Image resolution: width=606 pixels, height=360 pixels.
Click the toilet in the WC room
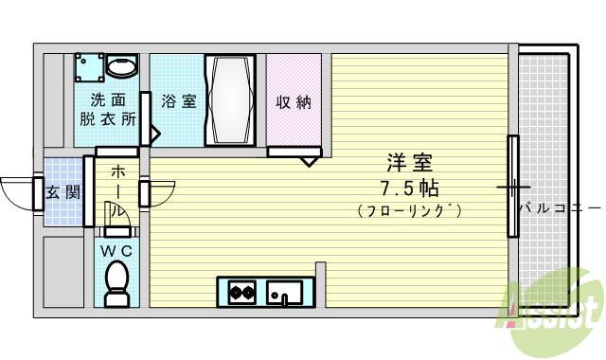pyautogui.click(x=117, y=281)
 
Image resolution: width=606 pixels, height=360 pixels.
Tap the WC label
pyautogui.click(x=116, y=250)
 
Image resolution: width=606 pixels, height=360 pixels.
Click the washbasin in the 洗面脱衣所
pyautogui.click(x=120, y=66)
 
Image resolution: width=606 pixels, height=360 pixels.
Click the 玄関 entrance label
pyautogui.click(x=63, y=192)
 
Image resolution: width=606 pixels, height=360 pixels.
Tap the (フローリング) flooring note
pyautogui.click(x=410, y=211)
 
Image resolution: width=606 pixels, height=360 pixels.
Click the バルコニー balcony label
pyautogui.click(x=558, y=207)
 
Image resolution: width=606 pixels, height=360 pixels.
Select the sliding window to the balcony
pyautogui.click(x=512, y=186)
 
